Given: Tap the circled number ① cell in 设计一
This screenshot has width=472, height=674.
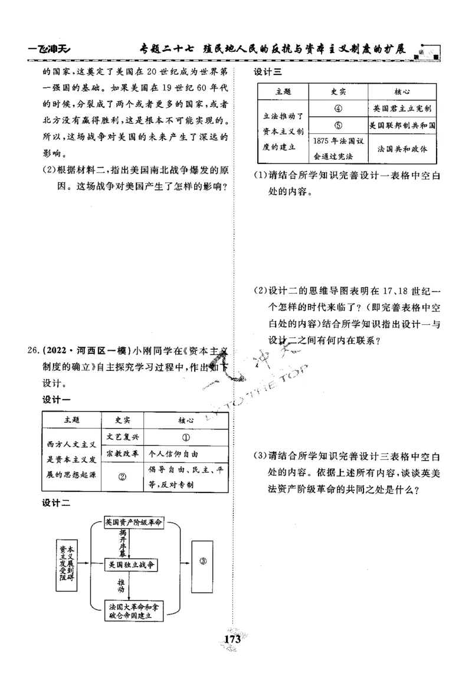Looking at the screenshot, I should point(185,438).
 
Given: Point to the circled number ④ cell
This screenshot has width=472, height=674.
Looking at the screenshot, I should point(338,109).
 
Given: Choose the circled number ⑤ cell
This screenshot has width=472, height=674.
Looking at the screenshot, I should point(338,126).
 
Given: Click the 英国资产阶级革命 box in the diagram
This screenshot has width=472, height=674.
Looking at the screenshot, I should point(133,522).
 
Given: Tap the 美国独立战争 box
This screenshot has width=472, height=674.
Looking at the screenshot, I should point(131,565).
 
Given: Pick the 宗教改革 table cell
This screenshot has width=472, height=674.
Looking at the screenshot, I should point(122,455).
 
